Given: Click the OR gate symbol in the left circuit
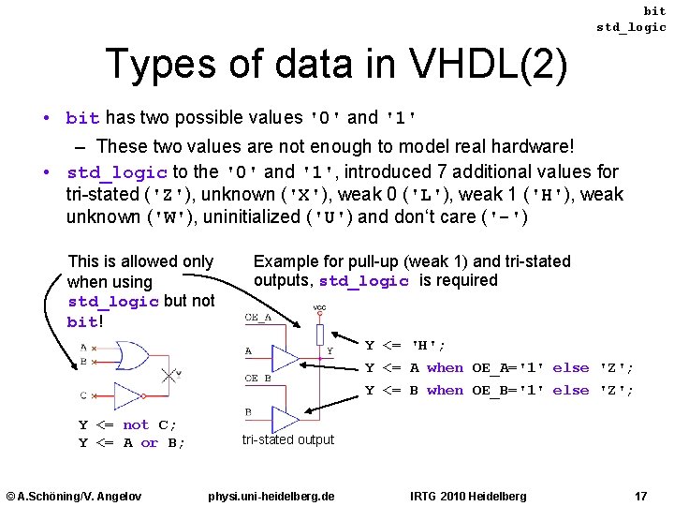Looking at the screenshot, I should click(x=130, y=356).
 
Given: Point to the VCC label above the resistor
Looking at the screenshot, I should click(x=319, y=308).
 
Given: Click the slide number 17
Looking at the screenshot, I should click(x=640, y=495).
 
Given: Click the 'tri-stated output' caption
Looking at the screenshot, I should click(x=287, y=439).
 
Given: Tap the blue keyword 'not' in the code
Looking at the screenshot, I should click(x=137, y=424).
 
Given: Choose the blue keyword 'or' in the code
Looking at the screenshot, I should click(x=150, y=443).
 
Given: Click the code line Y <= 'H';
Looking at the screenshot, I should click(x=405, y=346).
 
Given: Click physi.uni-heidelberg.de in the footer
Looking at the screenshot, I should click(x=271, y=495).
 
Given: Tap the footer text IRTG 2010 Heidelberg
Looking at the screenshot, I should click(x=468, y=495).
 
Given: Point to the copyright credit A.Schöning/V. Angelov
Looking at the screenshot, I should click(x=74, y=495).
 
